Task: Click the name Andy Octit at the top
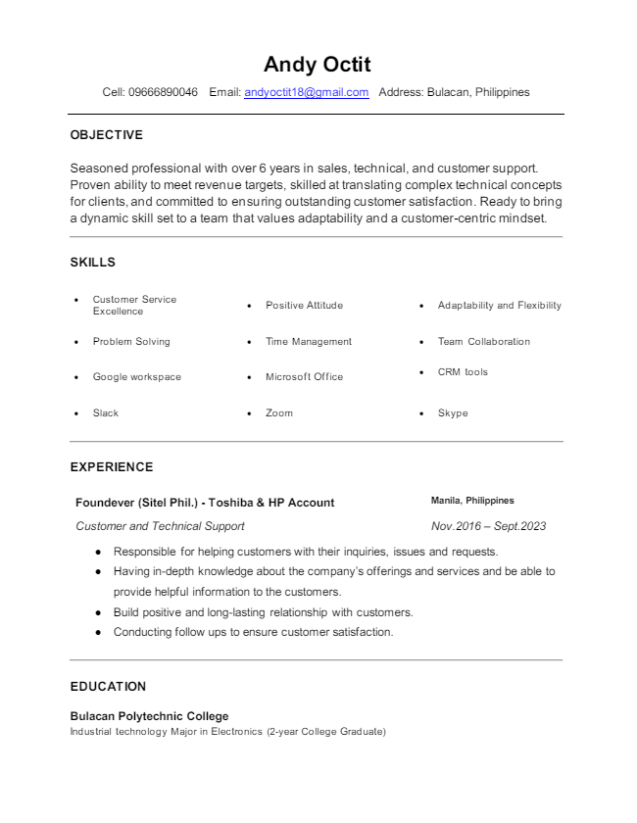click(x=318, y=65)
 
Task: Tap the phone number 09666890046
click(x=163, y=92)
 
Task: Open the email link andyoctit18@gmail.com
click(x=306, y=92)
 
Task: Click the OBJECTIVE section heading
click(x=107, y=135)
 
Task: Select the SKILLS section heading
click(x=93, y=263)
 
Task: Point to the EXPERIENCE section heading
click(x=112, y=467)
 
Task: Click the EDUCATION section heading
click(x=108, y=687)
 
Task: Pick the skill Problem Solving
click(x=131, y=342)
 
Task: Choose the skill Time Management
click(x=309, y=342)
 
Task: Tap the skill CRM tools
click(x=463, y=372)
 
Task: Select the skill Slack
click(x=106, y=413)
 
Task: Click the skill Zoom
click(x=279, y=413)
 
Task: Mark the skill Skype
click(x=453, y=413)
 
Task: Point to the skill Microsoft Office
click(x=304, y=377)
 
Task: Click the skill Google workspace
click(x=137, y=377)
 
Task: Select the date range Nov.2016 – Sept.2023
click(x=488, y=526)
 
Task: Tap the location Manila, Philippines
click(x=472, y=501)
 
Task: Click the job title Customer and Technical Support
click(x=160, y=526)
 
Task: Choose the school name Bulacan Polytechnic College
click(x=149, y=716)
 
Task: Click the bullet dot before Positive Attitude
click(x=250, y=306)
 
